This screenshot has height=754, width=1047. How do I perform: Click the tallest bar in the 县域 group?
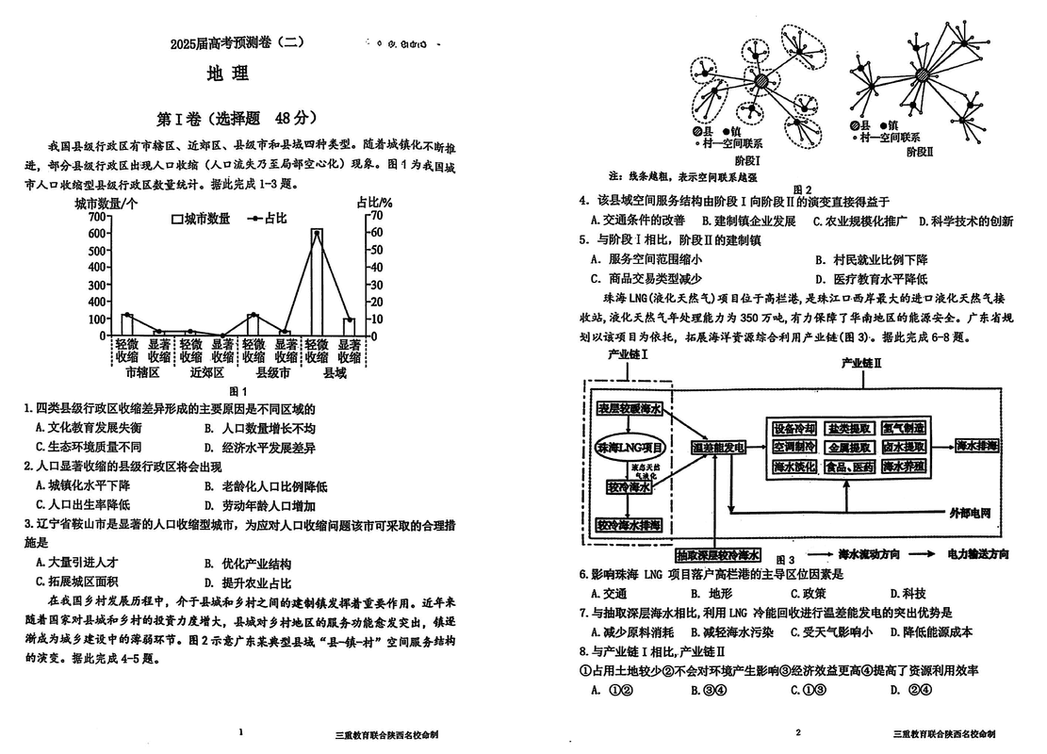click(x=317, y=282)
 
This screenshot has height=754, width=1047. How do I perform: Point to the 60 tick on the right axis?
click(x=376, y=232)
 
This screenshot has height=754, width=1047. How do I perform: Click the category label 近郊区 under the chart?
click(x=205, y=372)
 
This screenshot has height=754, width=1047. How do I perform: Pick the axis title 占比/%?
click(x=374, y=201)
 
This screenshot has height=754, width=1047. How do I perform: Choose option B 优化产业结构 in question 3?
click(x=250, y=564)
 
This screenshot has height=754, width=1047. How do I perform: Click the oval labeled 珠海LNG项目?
click(x=630, y=446)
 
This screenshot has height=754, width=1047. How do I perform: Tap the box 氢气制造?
click(x=903, y=427)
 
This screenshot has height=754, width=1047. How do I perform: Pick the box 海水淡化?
click(x=793, y=466)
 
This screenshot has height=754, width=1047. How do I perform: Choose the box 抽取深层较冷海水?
click(x=718, y=554)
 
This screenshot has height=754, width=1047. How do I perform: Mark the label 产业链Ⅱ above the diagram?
click(x=861, y=363)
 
